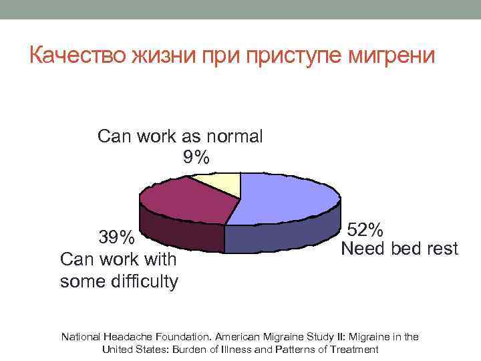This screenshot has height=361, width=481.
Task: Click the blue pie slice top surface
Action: click(x=287, y=197)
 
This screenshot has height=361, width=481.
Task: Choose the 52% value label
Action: click(x=365, y=231)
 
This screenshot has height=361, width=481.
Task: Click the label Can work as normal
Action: click(x=180, y=137)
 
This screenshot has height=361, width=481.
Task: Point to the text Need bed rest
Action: click(x=399, y=249)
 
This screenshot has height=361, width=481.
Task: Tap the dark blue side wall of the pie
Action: click(x=281, y=237)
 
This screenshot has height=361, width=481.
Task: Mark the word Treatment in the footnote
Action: click(x=355, y=349)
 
